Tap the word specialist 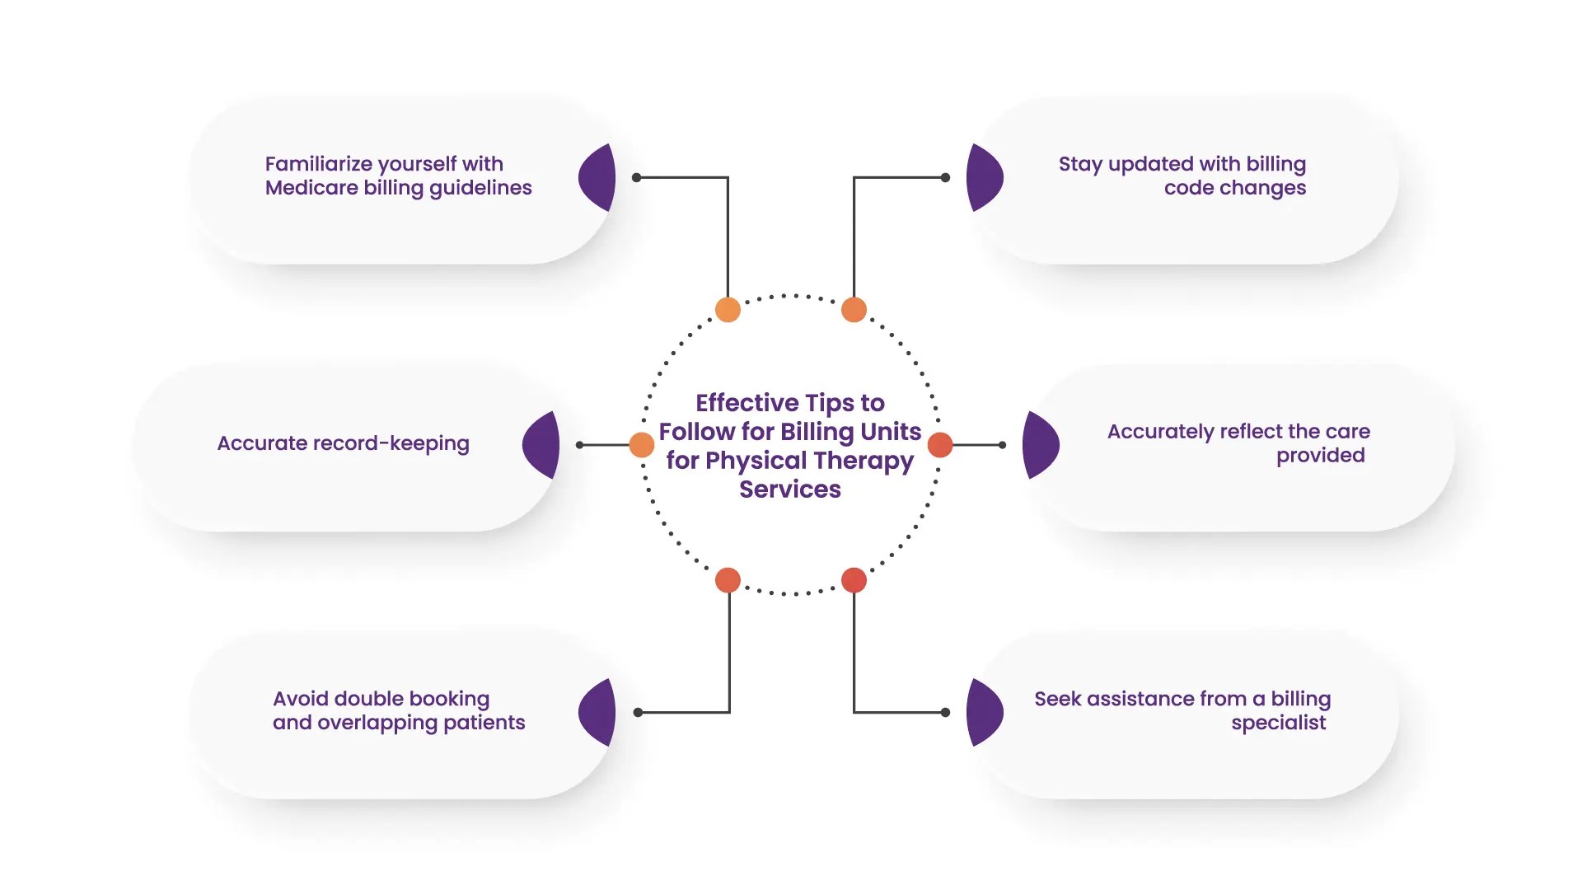(1278, 723)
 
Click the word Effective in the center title (747, 403)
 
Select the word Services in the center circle (789, 489)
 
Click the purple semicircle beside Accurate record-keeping (544, 445)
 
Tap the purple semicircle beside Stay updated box (982, 177)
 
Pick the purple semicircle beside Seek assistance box (982, 713)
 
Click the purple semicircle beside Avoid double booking (600, 713)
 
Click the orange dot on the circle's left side (642, 445)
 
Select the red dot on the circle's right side (940, 445)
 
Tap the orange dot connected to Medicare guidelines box (728, 310)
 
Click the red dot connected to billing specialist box (854, 580)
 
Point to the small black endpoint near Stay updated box (945, 177)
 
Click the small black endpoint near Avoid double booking (638, 712)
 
